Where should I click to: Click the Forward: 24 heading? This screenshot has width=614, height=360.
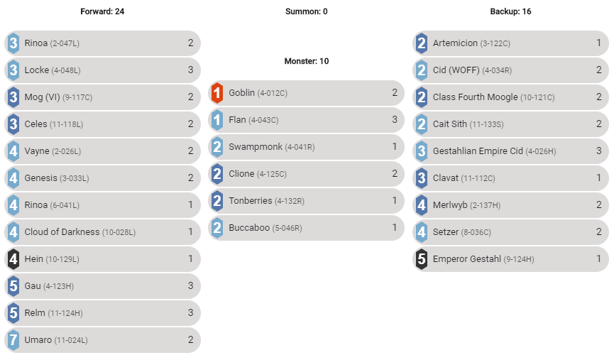pos(102,11)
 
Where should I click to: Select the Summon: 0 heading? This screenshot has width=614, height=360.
pos(307,11)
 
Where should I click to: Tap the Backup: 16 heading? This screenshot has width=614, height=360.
pos(510,11)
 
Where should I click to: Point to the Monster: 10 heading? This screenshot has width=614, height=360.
pos(307,61)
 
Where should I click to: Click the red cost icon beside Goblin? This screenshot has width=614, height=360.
pos(217,93)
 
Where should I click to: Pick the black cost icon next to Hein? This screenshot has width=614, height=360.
pos(13,259)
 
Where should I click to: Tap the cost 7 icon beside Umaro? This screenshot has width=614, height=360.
pos(13,340)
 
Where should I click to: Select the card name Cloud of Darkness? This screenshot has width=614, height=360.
pos(62,232)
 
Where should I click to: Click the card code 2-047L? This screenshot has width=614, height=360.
pos(65,43)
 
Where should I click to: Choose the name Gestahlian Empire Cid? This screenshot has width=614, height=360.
pos(478,151)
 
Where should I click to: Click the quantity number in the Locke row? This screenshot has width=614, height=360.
pos(190,70)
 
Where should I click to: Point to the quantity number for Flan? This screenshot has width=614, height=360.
pos(395,120)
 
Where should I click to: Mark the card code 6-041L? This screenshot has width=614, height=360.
pos(65,205)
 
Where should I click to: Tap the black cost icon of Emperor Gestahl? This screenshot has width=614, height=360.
pos(422,259)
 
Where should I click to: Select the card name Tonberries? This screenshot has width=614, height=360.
pos(251,201)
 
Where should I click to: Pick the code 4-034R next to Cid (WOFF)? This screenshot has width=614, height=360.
pos(497,70)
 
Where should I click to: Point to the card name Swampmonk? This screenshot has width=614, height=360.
pos(255,147)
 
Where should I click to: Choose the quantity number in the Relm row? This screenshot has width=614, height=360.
pos(190,313)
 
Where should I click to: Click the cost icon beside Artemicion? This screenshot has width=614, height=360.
pos(422,43)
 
